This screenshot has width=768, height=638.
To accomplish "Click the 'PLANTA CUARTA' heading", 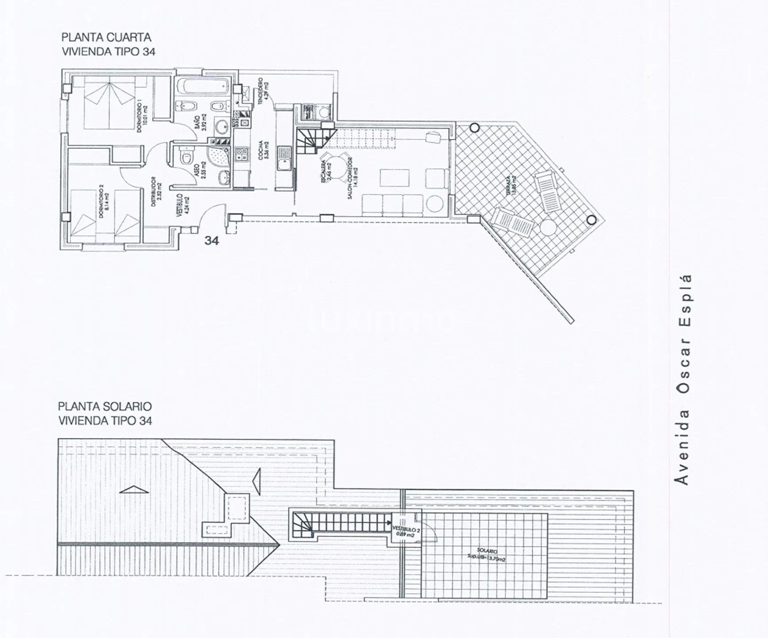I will point(106,37).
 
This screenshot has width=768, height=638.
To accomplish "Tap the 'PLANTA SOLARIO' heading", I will point(105,406).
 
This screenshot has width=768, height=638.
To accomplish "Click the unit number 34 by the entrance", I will point(211,241).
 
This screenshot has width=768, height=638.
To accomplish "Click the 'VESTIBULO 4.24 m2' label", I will point(182,205).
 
